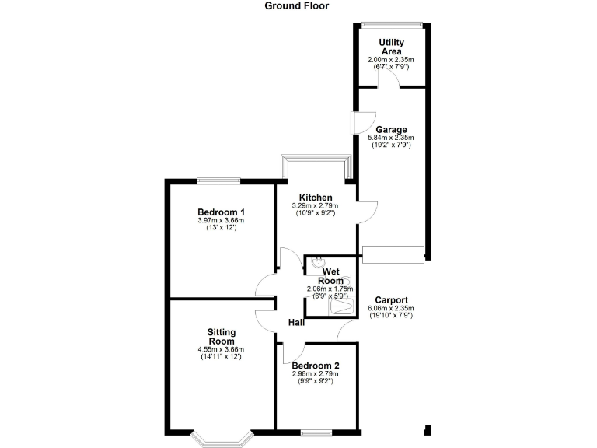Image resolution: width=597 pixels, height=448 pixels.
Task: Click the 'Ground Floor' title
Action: pos(297,5)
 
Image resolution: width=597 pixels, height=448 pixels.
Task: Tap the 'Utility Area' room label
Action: pos(391,47)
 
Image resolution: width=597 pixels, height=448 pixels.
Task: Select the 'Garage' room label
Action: pos(391,130)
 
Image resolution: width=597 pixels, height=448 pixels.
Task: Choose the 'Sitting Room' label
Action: pos(221,337)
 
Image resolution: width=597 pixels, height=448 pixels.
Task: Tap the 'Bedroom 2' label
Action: pos(315,365)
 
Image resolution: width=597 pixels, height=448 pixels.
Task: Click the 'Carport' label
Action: pos(391,301)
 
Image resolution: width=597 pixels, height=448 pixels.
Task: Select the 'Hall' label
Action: pos(296,322)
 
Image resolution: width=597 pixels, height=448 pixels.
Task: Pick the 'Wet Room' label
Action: pos(328,276)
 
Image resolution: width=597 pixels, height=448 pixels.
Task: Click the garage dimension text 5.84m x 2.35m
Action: pos(390,138)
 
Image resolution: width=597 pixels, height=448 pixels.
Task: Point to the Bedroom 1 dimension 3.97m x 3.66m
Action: pos(221,221)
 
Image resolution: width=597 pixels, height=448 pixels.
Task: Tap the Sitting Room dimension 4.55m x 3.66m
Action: pos(221,350)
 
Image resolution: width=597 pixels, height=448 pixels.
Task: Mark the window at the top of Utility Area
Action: pos(392,25)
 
